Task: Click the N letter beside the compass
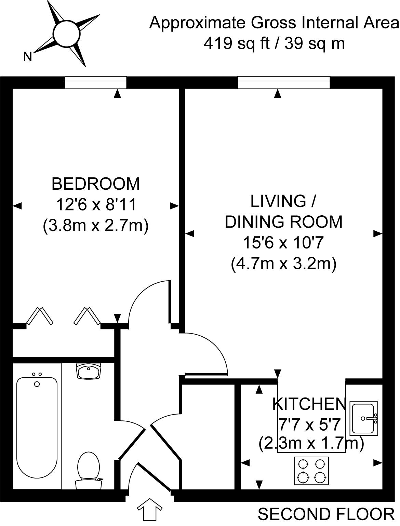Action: pyautogui.click(x=28, y=56)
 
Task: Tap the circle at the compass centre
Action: pyautogui.click(x=66, y=33)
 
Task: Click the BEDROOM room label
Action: pyautogui.click(x=96, y=184)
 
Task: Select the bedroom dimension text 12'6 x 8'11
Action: pyautogui.click(x=96, y=204)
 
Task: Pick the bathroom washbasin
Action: pyautogui.click(x=89, y=371)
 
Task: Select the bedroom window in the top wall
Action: pyautogui.click(x=96, y=82)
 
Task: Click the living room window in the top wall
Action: pyautogui.click(x=284, y=82)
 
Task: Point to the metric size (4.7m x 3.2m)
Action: pyautogui.click(x=284, y=264)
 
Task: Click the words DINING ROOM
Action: pyautogui.click(x=284, y=222)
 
